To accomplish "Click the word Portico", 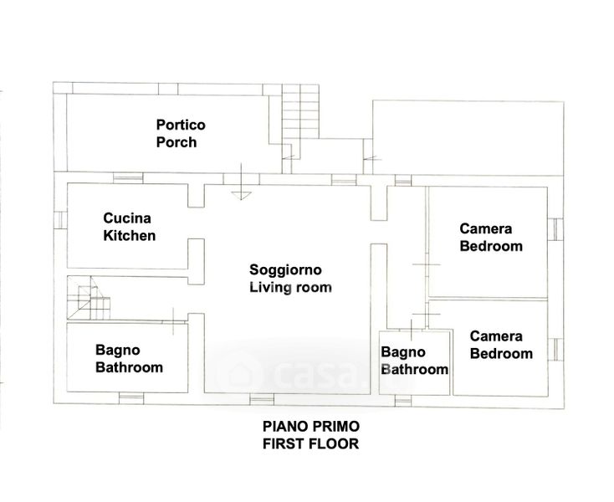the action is click(x=181, y=125).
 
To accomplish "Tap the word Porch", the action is click(x=177, y=142).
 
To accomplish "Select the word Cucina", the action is click(x=127, y=218).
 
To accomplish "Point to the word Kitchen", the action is click(x=129, y=236).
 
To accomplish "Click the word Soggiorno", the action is click(x=285, y=269).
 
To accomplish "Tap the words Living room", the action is click(x=290, y=288).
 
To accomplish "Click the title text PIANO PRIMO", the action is click(x=311, y=426).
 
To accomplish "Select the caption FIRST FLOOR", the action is click(x=310, y=443).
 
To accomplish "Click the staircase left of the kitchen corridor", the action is click(x=89, y=298).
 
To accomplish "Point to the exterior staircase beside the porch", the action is click(x=300, y=111).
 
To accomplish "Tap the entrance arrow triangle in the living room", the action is click(x=241, y=196).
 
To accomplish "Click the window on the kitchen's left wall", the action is click(x=60, y=220).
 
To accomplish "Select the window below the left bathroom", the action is click(x=131, y=398).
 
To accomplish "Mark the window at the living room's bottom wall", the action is click(x=262, y=400).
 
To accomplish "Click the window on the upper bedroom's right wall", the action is click(x=555, y=229).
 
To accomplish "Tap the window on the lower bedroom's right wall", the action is click(x=555, y=349).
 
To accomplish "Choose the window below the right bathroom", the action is click(x=403, y=401).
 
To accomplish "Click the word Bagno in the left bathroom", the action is click(x=117, y=350).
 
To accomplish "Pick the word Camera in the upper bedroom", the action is click(x=485, y=228).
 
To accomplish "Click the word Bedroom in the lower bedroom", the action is click(x=501, y=354).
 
